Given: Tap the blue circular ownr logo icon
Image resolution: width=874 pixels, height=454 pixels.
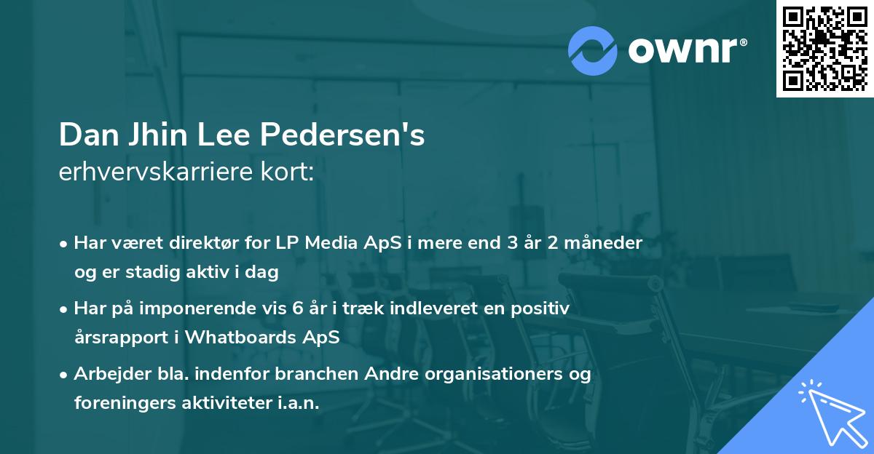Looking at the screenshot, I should (593, 49).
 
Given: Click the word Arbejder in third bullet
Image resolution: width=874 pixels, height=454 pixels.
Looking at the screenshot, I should (106, 374).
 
